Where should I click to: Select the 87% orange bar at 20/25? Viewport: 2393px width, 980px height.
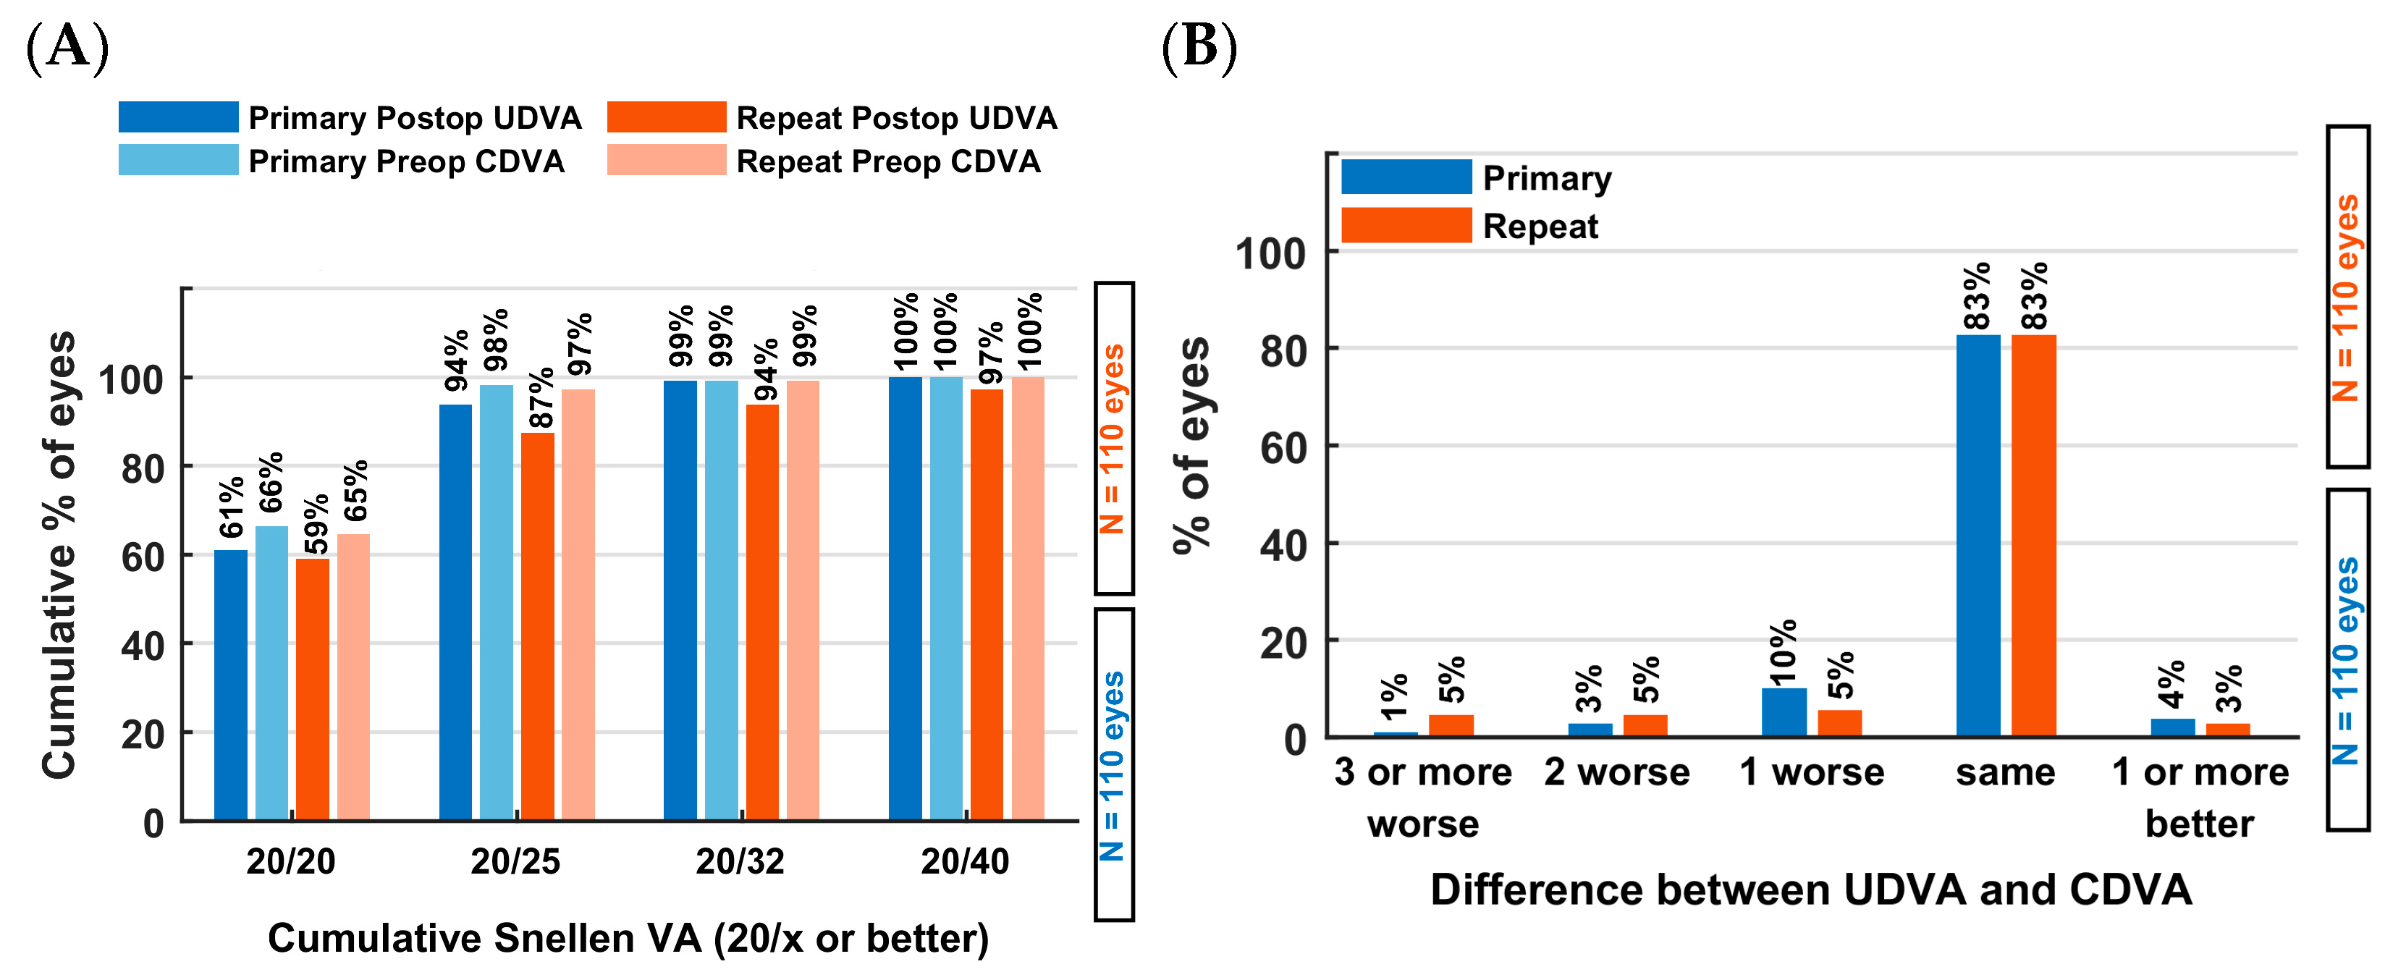537,626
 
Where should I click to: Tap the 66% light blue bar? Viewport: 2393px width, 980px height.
271,672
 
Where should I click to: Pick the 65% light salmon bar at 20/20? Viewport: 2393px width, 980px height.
353,677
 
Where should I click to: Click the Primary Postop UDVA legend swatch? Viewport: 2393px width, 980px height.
178,117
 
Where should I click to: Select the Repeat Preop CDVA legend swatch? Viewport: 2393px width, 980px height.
666,161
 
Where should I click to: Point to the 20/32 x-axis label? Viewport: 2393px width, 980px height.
740,861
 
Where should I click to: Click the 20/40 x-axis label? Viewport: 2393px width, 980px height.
965,861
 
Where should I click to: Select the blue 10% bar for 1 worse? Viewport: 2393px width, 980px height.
1784,712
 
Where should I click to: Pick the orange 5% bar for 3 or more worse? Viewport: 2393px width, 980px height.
1451,725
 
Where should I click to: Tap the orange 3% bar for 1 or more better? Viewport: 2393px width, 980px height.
2228,730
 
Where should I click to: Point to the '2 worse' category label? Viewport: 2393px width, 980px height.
1617,772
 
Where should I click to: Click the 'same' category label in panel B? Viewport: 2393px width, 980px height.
2006,772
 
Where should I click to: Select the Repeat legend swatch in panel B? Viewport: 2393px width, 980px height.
1406,226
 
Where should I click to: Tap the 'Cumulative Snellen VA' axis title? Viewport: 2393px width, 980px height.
628,938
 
